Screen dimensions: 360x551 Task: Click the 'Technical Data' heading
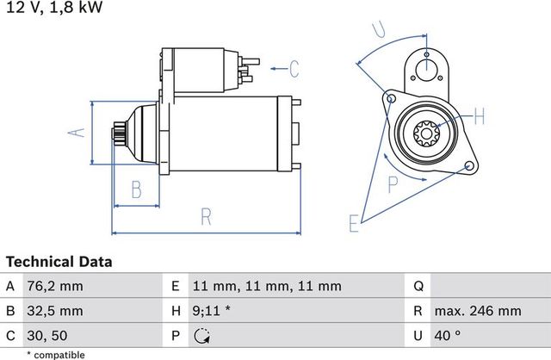[x=59, y=261]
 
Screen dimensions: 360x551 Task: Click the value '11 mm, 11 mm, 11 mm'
[x=267, y=286]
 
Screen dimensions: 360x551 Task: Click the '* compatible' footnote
[x=55, y=354]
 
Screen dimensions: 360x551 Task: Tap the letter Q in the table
[x=418, y=286]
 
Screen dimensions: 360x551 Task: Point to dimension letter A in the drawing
[x=76, y=132]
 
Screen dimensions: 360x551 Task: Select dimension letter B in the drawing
[x=135, y=189]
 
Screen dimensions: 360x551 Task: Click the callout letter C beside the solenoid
[x=293, y=68]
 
